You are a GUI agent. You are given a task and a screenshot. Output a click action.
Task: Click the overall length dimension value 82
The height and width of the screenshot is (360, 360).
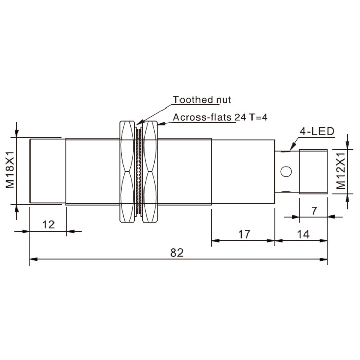pos(177,253)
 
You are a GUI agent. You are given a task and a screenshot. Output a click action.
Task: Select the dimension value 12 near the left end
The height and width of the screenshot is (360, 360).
pos(48,225)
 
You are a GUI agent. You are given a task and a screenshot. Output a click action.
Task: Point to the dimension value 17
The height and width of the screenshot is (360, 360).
pos(244,235)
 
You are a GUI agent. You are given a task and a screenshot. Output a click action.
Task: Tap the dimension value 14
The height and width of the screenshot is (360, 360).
pos(303,235)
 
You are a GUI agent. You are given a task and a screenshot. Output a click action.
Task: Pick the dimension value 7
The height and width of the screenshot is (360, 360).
pos(314,210)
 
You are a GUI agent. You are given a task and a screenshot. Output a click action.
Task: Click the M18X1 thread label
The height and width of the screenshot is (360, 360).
pos(10,170)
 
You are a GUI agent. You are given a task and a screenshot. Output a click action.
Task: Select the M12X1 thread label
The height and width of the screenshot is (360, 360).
pos(341,171)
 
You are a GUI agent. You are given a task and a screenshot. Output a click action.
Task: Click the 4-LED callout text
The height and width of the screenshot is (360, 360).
pos(317,131)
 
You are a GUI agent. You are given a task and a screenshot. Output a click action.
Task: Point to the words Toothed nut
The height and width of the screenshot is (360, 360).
pos(202,100)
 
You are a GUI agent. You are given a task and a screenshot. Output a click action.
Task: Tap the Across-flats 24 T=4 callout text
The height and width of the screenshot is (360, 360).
pos(220,117)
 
